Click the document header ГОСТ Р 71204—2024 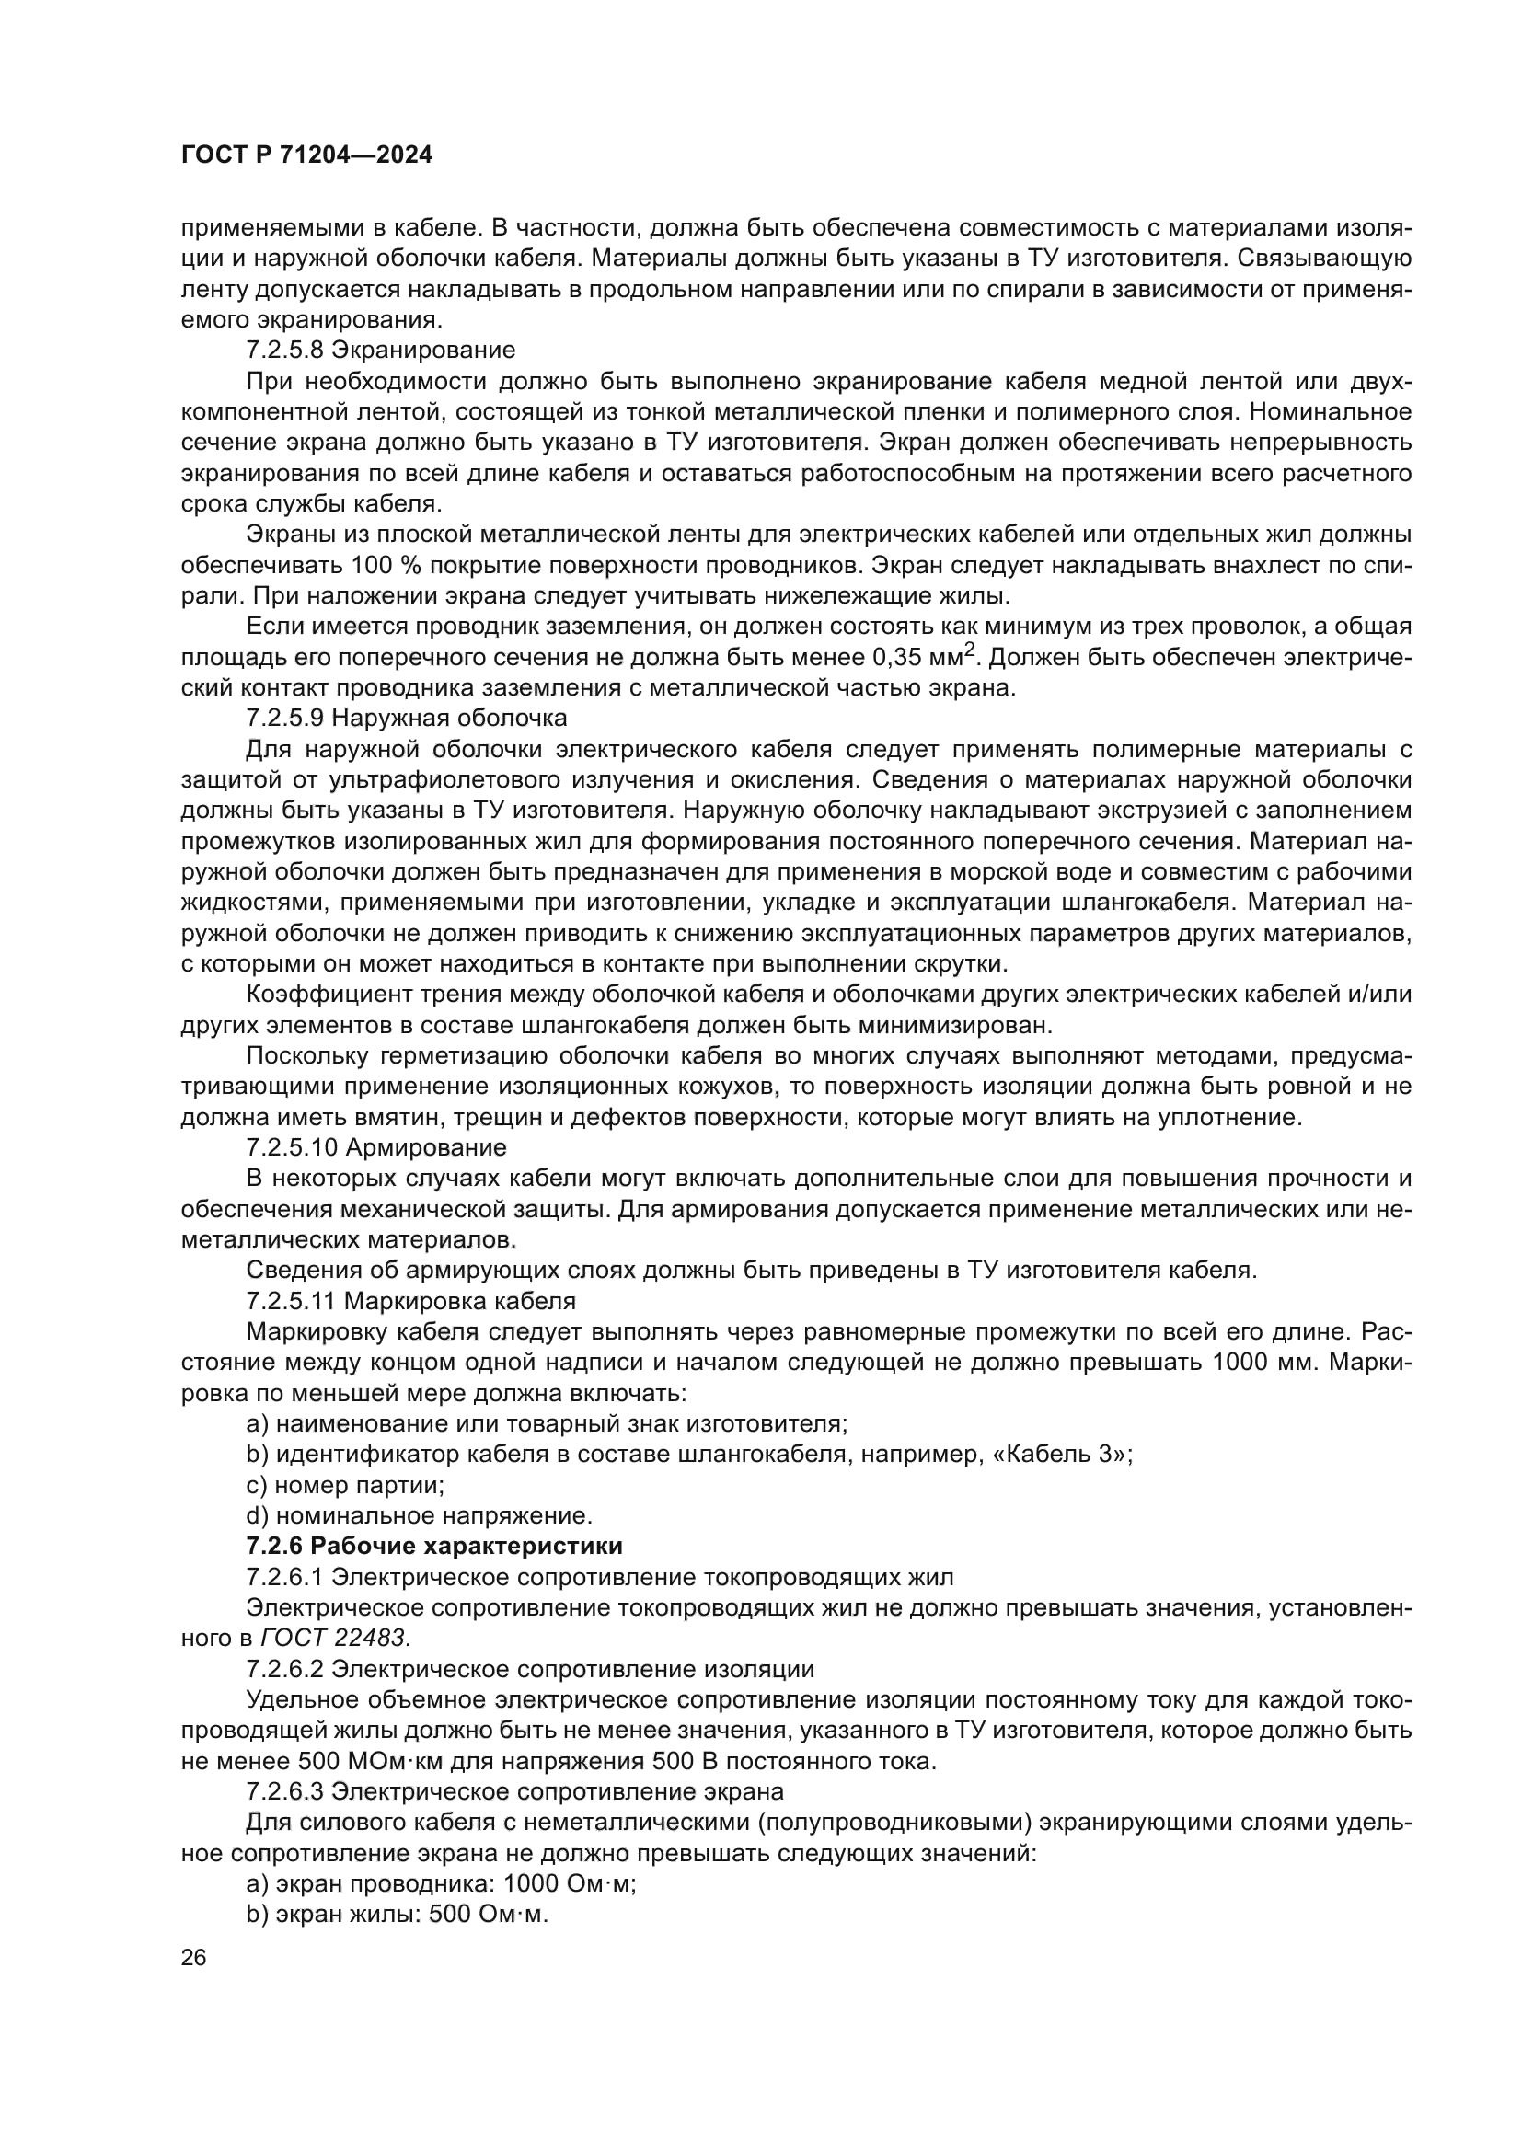pyautogui.click(x=306, y=155)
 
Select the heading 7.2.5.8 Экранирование pyautogui.click(x=381, y=351)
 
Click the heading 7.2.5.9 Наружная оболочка pyautogui.click(x=407, y=719)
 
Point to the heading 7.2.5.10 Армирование pyautogui.click(x=375, y=1147)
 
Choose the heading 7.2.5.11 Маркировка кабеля pyautogui.click(x=410, y=1301)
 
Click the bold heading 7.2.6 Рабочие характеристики pyautogui.click(x=434, y=1546)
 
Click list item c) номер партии pyautogui.click(x=345, y=1485)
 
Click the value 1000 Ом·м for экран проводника pyautogui.click(x=569, y=1884)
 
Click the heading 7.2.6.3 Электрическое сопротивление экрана pyautogui.click(x=514, y=1792)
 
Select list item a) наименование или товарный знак pyautogui.click(x=547, y=1423)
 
